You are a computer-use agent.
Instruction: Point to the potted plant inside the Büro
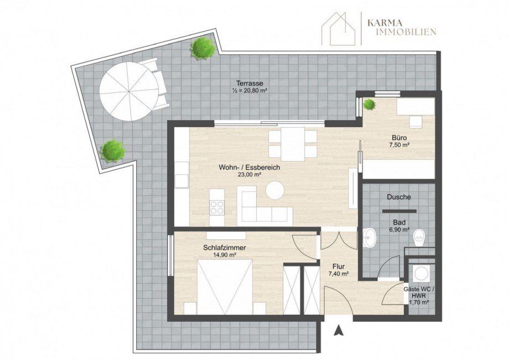(x=369, y=104)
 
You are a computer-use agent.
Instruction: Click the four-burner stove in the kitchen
(x=216, y=208)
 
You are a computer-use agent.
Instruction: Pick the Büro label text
(x=399, y=138)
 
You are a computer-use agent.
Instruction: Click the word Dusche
(x=398, y=197)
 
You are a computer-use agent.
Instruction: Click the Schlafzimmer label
(x=224, y=248)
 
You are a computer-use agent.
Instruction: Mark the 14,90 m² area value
(x=224, y=255)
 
